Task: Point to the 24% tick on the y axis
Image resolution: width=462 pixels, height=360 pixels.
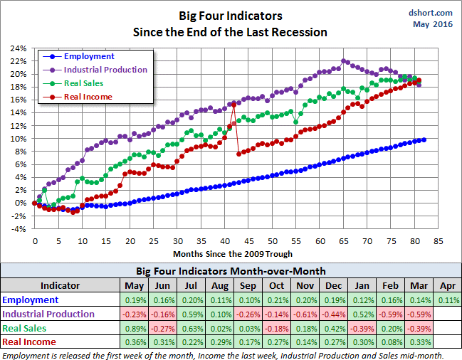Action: pos(19,48)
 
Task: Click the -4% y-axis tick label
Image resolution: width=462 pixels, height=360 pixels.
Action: pos(19,228)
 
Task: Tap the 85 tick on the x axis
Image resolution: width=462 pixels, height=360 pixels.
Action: pos(439,240)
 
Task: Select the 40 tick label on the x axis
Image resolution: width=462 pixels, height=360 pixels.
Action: pos(225,240)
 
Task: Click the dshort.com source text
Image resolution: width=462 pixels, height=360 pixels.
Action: pos(431,13)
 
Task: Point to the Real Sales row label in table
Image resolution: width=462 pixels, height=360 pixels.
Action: pos(24,328)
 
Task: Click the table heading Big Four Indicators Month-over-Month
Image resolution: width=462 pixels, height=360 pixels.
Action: pos(231,271)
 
